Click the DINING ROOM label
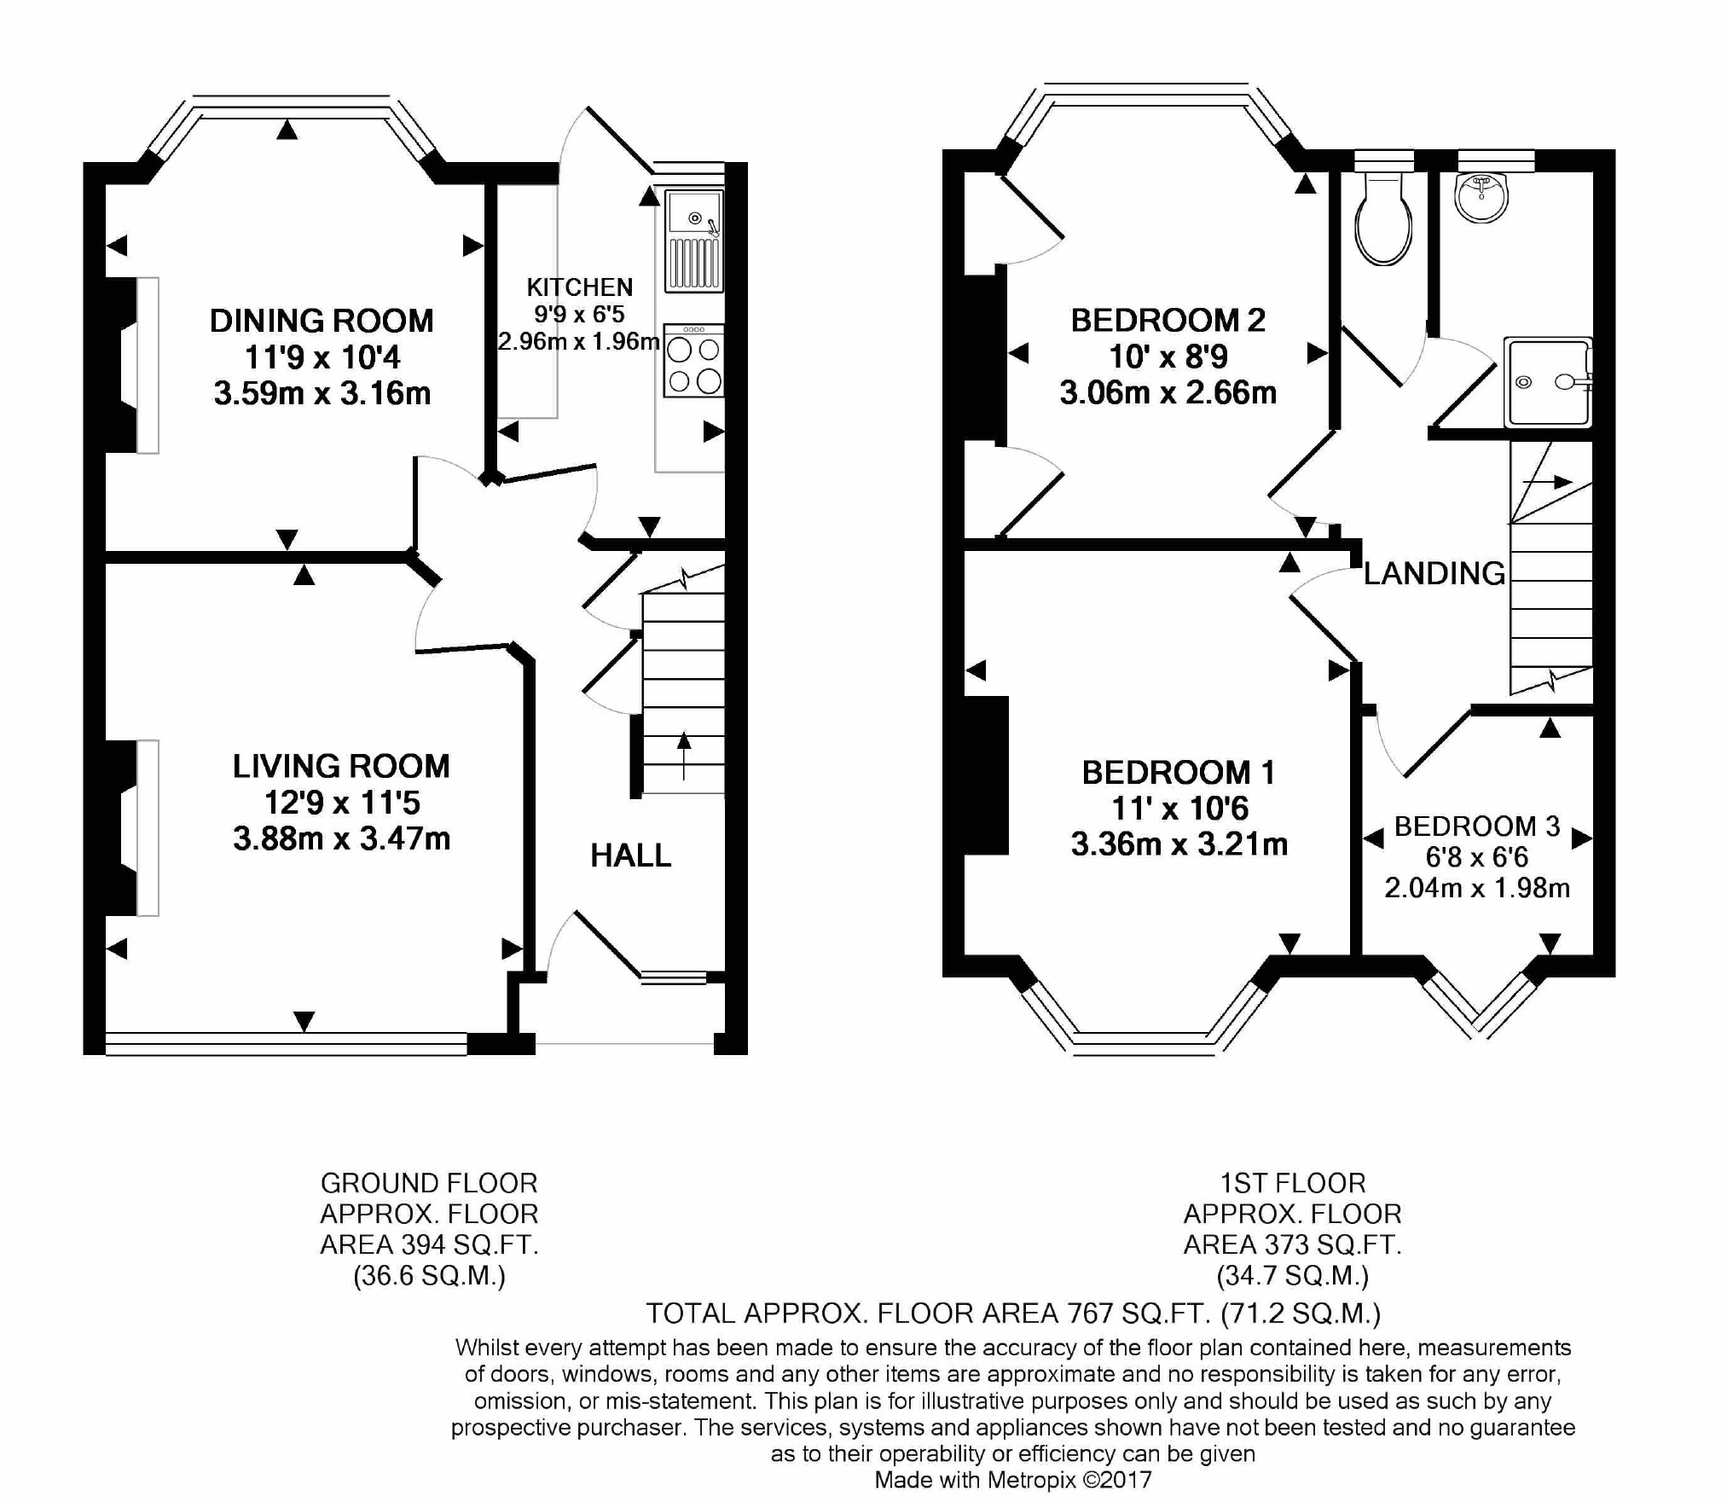click(322, 321)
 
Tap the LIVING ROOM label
click(341, 766)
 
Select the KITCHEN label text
click(580, 287)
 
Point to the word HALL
click(631, 855)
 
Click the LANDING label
click(1434, 573)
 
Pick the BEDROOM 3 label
click(1477, 826)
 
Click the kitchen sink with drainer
click(694, 241)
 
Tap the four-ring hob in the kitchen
click(694, 361)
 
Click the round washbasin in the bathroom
click(1482, 198)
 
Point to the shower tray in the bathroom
click(1548, 382)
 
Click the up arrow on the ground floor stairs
click(684, 756)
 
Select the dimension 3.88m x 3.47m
click(342, 839)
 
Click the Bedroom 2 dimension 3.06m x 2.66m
click(1168, 392)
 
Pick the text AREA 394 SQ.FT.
click(430, 1244)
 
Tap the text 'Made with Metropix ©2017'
click(1013, 1480)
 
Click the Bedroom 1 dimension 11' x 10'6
click(1179, 808)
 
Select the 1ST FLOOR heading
click(1293, 1183)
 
